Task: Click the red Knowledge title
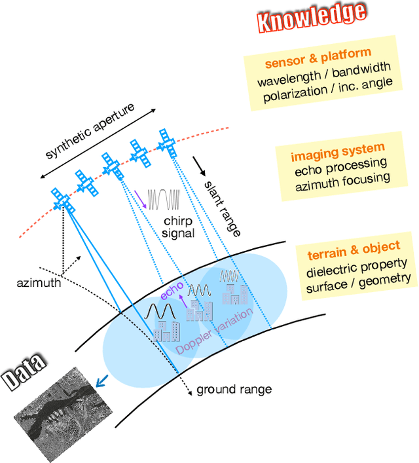click(x=310, y=18)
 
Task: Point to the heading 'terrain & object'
click(x=354, y=248)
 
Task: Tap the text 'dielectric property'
click(x=357, y=264)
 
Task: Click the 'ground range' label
click(x=234, y=389)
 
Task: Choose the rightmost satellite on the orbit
click(x=168, y=143)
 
